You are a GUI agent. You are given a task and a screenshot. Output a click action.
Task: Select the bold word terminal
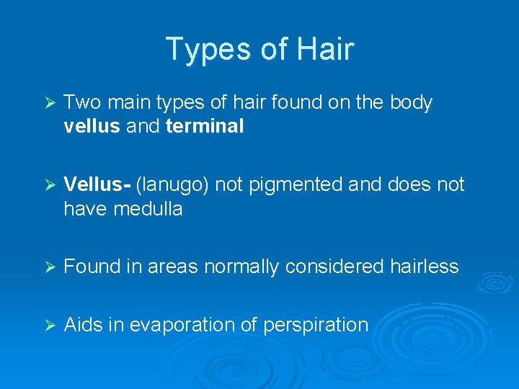(205, 127)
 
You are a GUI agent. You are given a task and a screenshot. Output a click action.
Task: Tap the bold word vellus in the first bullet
(92, 127)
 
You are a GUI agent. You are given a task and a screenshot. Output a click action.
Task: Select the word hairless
(425, 267)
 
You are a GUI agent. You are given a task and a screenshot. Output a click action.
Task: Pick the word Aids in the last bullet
(84, 325)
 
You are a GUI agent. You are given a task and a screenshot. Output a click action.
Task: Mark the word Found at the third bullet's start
(89, 267)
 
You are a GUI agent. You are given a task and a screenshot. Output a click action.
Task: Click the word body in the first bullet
(410, 103)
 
